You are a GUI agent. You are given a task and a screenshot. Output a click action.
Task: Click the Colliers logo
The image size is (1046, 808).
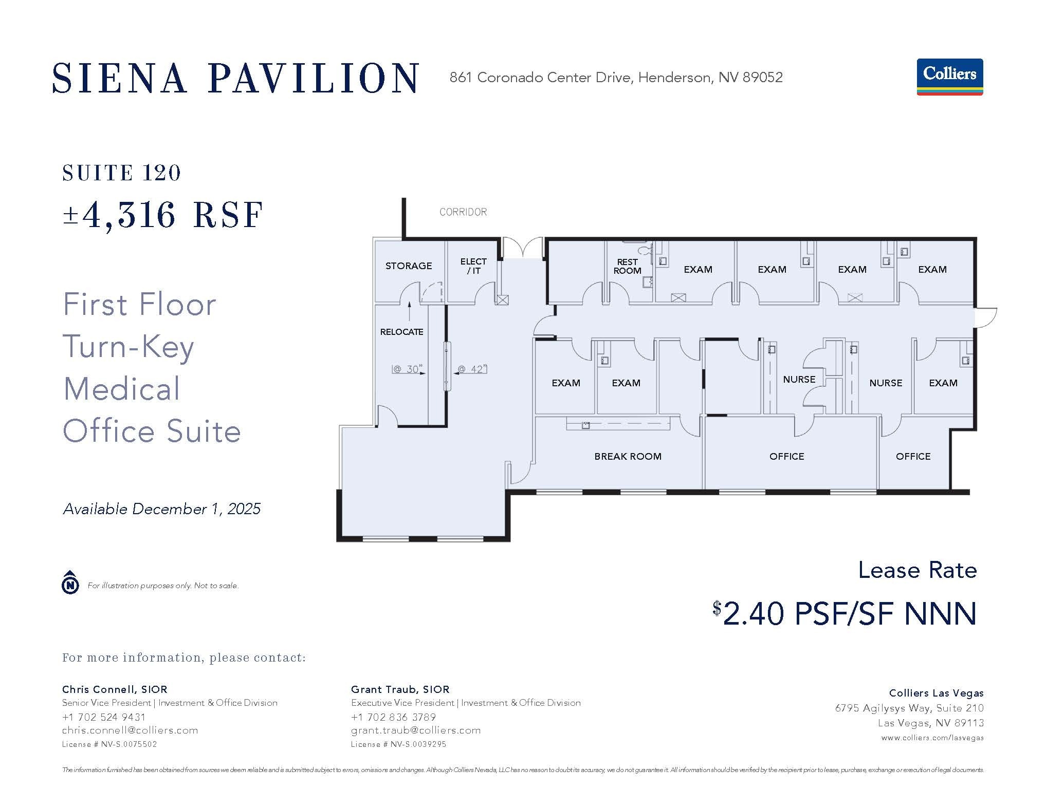pos(949,77)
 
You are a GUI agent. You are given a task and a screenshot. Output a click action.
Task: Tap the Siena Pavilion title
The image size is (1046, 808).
pos(236,78)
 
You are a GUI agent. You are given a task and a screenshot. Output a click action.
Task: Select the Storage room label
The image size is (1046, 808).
pos(409,266)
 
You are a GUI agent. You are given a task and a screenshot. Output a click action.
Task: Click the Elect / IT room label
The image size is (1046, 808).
pos(473,266)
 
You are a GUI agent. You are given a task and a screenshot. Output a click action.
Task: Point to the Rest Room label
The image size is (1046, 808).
pos(627,266)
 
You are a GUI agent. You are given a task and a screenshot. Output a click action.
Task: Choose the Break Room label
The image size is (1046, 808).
pos(628,456)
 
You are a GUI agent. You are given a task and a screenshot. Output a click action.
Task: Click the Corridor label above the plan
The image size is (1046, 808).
pos(463,212)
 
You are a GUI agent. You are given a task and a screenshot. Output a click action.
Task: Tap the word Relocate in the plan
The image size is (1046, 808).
pos(401,332)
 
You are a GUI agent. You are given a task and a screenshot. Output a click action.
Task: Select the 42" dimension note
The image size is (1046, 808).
pos(471,369)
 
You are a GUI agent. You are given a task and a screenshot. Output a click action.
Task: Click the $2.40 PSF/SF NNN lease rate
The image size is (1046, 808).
pos(845,613)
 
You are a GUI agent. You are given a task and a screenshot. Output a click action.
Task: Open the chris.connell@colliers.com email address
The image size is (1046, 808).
pos(130,730)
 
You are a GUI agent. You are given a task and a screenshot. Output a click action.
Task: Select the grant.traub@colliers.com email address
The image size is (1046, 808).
pos(416,730)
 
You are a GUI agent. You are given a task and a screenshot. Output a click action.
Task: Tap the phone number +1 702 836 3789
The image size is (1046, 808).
pos(393,717)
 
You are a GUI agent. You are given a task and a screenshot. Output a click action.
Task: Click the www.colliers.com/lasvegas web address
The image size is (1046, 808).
pos(932,738)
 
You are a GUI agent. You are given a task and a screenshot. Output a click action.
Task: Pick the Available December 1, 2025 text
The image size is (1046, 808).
pos(162,509)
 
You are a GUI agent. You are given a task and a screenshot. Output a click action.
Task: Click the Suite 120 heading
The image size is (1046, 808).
pos(121,173)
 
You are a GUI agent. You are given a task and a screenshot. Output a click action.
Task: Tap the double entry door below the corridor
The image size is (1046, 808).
pos(522,248)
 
